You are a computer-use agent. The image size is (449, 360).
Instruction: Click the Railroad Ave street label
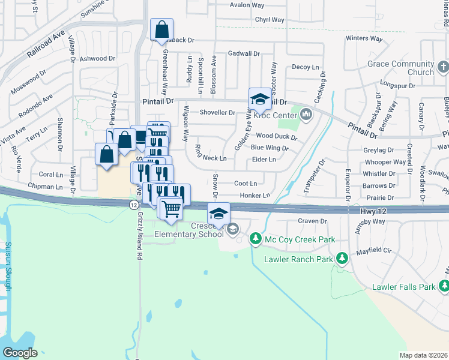pyautogui.click(x=45, y=45)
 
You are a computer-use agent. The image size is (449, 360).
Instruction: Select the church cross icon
pyautogui.click(x=442, y=67)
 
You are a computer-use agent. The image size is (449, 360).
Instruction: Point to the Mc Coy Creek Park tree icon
pyautogui.click(x=256, y=239)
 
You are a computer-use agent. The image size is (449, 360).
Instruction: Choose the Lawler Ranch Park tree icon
pyautogui.click(x=342, y=259)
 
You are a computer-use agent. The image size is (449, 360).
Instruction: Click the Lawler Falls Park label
pyautogui.click(x=403, y=287)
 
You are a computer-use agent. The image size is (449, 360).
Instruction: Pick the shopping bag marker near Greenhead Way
pyautogui.click(x=161, y=29)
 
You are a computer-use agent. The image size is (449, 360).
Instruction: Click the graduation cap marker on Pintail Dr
pyautogui.click(x=260, y=98)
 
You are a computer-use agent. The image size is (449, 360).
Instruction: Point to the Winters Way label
pyautogui.click(x=364, y=38)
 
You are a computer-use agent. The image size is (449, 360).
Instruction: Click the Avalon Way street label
pyautogui.click(x=247, y=5)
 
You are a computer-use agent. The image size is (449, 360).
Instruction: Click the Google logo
pyautogui.click(x=20, y=352)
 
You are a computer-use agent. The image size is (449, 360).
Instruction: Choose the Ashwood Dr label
pyautogui.click(x=97, y=58)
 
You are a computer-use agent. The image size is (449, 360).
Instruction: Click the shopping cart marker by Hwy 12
pyautogui.click(x=172, y=208)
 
